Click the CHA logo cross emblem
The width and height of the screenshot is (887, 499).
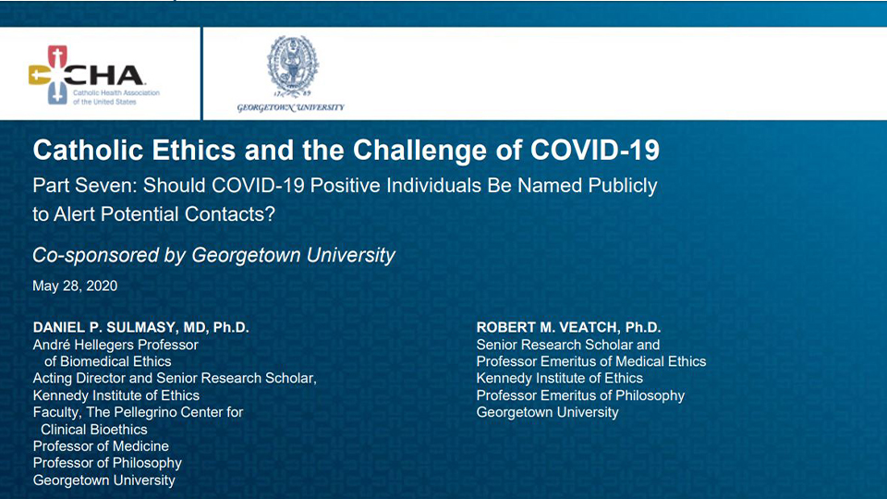49,75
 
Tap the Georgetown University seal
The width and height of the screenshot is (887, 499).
293,67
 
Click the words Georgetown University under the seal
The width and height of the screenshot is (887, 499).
290,107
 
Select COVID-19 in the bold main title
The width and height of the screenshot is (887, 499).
594,150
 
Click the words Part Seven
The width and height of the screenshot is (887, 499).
84,186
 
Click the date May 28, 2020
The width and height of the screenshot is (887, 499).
75,286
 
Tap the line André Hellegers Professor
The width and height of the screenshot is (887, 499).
115,345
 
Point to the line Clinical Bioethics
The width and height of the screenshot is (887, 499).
94,430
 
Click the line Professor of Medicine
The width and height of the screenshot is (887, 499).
101,446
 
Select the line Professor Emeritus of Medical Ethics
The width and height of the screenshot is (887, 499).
591,361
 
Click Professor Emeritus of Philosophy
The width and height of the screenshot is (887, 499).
580,396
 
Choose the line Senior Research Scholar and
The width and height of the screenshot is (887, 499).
568,345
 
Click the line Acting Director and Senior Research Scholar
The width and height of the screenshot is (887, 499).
175,379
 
